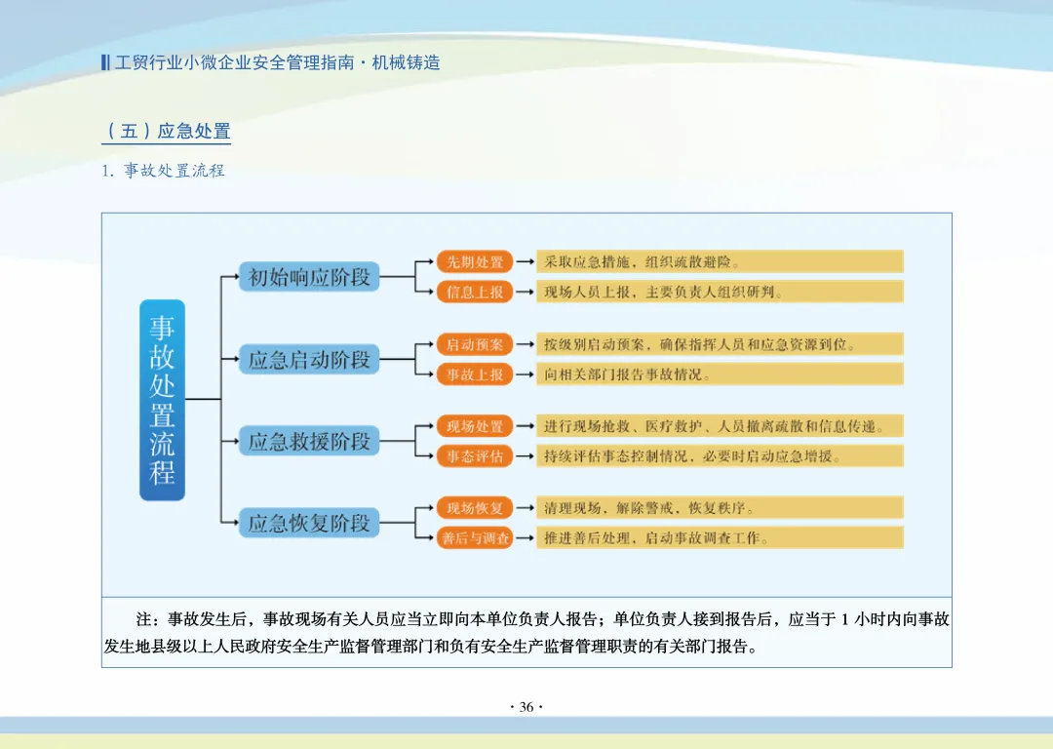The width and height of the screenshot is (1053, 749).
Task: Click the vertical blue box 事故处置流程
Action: (x=162, y=400)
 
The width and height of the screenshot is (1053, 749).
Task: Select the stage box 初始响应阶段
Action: (x=309, y=277)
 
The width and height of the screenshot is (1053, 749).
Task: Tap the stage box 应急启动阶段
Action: (x=309, y=359)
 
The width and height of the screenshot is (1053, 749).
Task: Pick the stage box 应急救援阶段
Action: (x=309, y=441)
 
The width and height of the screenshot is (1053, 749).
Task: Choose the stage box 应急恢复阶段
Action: (x=309, y=523)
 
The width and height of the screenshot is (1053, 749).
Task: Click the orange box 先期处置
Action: (x=475, y=261)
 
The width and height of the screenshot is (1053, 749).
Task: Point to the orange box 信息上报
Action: (x=475, y=292)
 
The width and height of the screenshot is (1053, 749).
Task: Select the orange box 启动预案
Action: (x=475, y=344)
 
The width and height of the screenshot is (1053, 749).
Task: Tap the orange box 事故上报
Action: (x=475, y=374)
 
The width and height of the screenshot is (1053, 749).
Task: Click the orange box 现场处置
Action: (x=475, y=426)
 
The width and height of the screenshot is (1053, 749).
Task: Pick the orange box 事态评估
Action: (x=475, y=455)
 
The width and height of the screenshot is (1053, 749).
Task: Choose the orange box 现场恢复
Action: (x=475, y=508)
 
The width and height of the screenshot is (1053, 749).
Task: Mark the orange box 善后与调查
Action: (x=475, y=537)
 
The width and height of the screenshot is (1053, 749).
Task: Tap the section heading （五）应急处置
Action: (x=167, y=131)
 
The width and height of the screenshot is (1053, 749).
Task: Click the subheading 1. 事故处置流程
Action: (x=164, y=171)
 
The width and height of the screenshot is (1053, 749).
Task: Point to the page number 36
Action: (x=526, y=707)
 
